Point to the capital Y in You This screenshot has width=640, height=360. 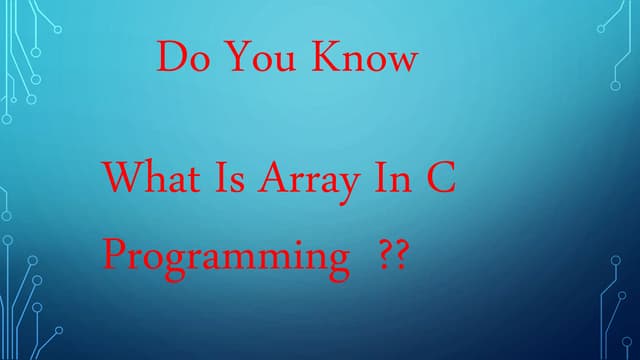coord(235,57)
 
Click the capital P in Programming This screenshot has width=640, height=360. coord(115,256)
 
